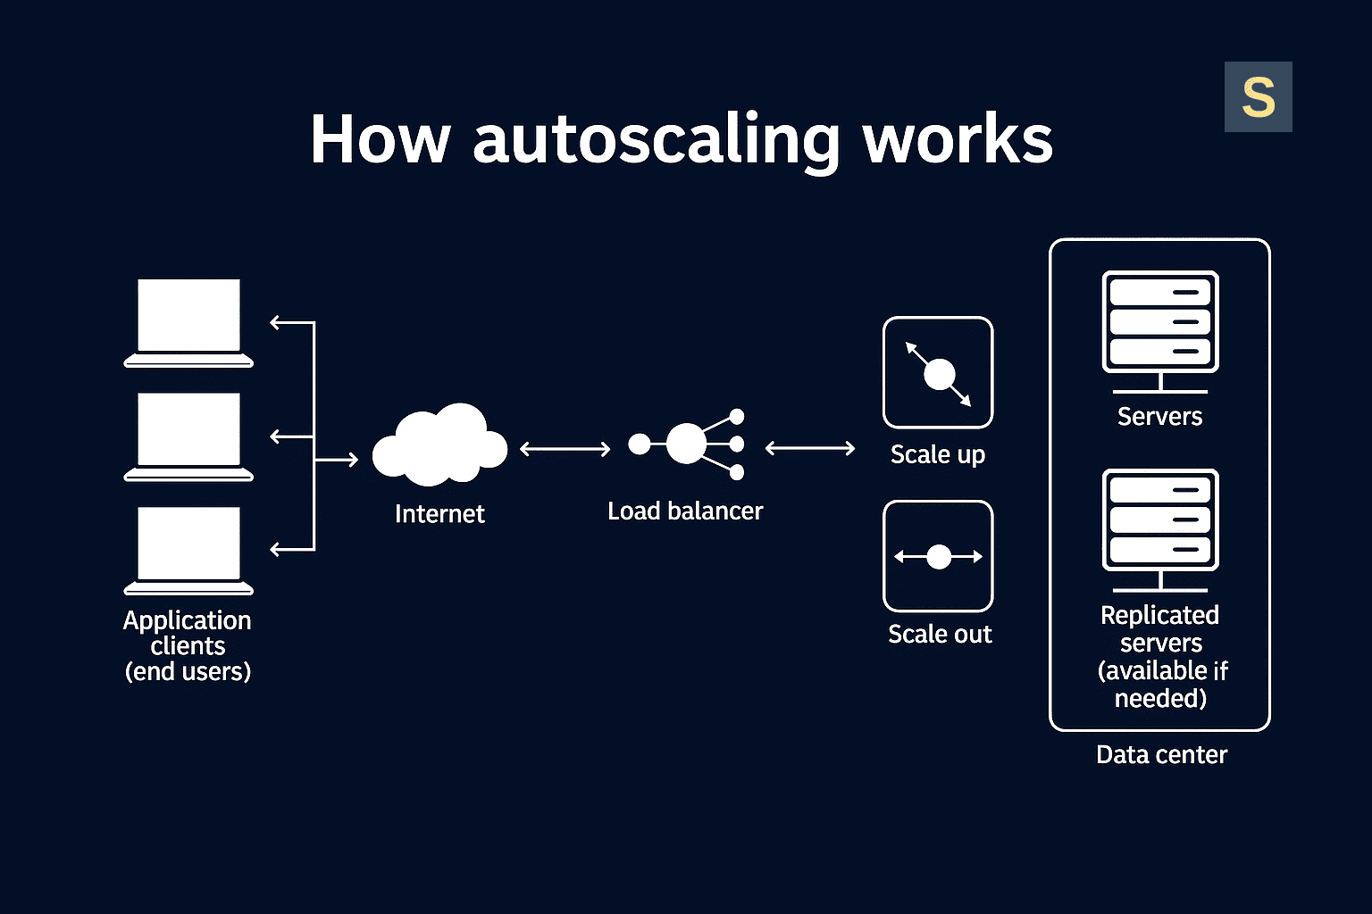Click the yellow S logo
tap(1258, 97)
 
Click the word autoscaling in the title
tap(656, 140)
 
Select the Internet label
tap(439, 514)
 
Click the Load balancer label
tap(685, 511)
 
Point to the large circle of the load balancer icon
tap(686, 444)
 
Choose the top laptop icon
tap(188, 321)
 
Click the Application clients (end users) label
tap(188, 645)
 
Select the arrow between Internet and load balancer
tap(565, 449)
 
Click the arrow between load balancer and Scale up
tap(810, 448)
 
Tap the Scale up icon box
tap(938, 373)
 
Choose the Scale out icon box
tap(938, 556)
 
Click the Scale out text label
tap(940, 634)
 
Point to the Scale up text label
tap(938, 454)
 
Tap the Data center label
tap(1161, 755)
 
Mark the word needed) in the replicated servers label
tap(1160, 698)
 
